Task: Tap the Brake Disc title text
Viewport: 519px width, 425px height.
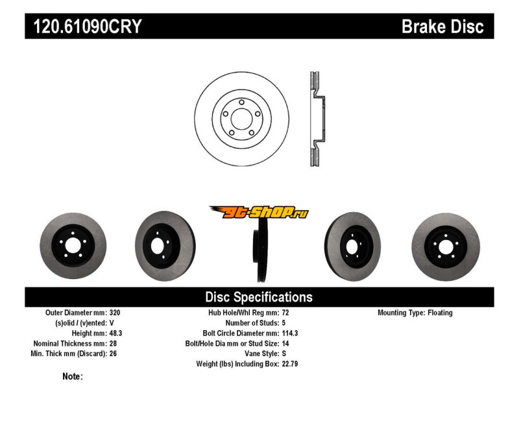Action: tap(442, 27)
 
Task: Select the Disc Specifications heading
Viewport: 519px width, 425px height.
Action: tap(259, 297)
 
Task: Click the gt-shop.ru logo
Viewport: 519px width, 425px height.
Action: tap(259, 212)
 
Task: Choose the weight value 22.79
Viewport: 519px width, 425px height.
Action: tap(290, 364)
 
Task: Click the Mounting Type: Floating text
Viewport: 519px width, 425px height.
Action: tap(415, 313)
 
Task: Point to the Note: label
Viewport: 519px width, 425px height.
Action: tap(73, 376)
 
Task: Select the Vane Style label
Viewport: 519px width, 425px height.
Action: tap(259, 354)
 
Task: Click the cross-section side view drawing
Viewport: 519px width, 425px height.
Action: tap(316, 117)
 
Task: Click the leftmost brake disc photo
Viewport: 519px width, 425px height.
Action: tap(73, 248)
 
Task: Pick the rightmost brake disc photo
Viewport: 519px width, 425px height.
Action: tap(446, 247)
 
